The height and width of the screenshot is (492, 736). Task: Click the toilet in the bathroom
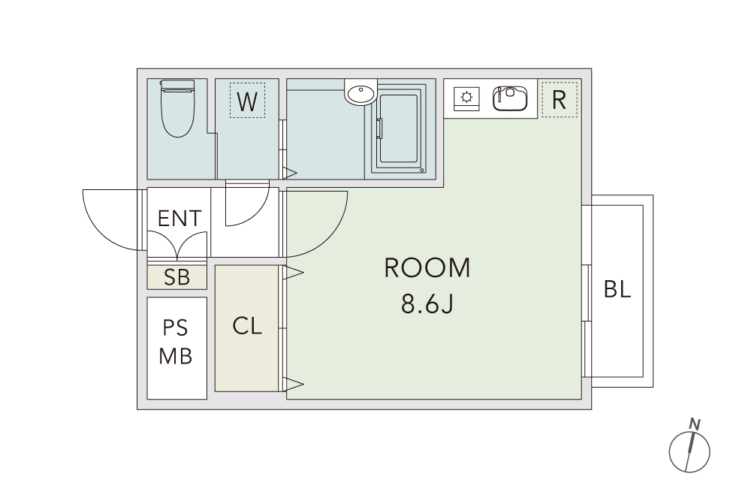(177, 108)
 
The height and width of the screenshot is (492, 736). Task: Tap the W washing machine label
(247, 101)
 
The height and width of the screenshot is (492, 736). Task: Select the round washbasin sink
(361, 92)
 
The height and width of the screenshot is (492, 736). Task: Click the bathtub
(398, 128)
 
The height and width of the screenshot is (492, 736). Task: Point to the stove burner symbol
(466, 98)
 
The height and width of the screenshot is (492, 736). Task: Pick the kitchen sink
(510, 98)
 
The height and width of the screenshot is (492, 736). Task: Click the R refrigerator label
(559, 100)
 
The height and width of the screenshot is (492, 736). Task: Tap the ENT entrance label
(179, 219)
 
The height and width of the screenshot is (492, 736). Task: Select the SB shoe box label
(177, 277)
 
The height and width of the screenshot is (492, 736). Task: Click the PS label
(176, 328)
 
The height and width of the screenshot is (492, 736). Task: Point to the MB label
(176, 356)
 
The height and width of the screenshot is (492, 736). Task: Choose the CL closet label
(247, 326)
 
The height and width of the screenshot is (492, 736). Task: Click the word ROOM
(427, 268)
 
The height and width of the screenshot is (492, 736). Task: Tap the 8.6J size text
(427, 305)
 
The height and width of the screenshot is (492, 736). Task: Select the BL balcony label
(617, 289)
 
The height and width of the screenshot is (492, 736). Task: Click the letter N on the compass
(695, 424)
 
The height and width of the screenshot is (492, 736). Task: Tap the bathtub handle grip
(379, 128)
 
